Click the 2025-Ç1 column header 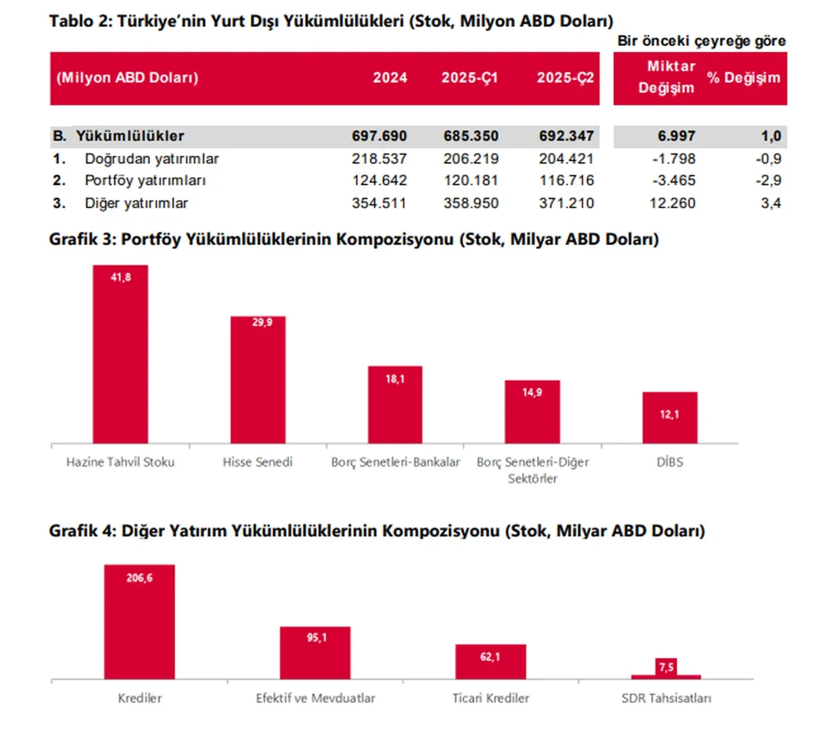(469, 78)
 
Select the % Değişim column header (743, 78)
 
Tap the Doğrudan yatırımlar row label (151, 159)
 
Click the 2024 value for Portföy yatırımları (379, 181)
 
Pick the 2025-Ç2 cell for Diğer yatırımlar (566, 204)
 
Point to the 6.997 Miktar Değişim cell (676, 136)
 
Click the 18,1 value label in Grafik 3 (395, 379)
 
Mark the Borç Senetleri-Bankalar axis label (395, 463)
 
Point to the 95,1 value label (317, 638)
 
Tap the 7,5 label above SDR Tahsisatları (666, 667)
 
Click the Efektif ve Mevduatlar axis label (316, 699)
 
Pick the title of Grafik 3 (354, 239)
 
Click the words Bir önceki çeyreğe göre (701, 41)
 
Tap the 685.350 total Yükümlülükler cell (471, 136)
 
